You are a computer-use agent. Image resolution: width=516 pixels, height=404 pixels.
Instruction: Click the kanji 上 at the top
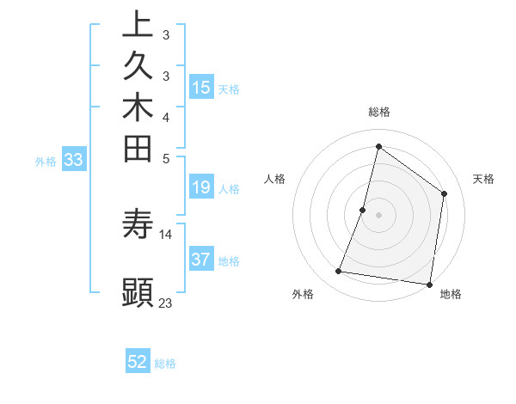pos(138,24)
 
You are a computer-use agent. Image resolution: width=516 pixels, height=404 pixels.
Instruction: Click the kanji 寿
pos(138,224)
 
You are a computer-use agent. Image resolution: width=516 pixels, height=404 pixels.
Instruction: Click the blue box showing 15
pos(201,87)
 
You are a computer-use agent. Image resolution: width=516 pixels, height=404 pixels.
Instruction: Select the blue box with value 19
pos(201,187)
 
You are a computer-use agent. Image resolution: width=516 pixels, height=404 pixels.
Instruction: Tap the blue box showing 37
pos(201,260)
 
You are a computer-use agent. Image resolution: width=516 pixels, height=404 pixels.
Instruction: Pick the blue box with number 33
pos(74,159)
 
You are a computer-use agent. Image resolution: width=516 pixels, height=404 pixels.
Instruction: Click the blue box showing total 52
pos(138,362)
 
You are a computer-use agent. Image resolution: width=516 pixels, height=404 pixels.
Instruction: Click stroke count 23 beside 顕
pos(166,303)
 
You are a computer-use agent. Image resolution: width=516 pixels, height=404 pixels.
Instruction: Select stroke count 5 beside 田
pos(165,158)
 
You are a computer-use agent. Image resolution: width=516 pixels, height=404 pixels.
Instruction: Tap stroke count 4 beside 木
pos(165,117)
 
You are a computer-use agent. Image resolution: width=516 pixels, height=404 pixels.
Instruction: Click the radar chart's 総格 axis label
pos(378,112)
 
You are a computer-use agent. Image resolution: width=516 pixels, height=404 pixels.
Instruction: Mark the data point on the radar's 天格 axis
pos(445,193)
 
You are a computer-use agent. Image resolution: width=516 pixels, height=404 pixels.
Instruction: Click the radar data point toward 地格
pos(429,284)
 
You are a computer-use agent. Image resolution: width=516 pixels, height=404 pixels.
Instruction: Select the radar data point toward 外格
pos(339,272)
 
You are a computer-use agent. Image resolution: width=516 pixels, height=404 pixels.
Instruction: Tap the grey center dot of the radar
pos(378,215)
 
